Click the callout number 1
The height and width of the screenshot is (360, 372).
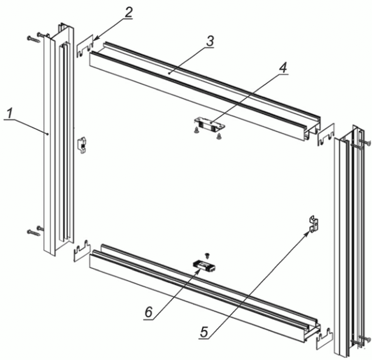pos(10,114)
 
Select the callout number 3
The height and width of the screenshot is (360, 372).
pos(210,41)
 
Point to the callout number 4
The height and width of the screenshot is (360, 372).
pos(283,68)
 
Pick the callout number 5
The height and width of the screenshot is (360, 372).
pos(204,332)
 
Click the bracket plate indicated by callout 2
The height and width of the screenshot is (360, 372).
pos(85,46)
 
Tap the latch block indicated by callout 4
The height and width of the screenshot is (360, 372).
pos(209,125)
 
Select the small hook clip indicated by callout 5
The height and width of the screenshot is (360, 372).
pos(314,224)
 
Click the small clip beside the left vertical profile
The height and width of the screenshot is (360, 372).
pos(82,145)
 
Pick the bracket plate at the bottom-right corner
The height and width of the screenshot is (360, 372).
pos(325,338)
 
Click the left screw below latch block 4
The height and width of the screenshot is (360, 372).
pos(196,130)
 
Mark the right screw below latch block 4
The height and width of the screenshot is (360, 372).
pos(218,136)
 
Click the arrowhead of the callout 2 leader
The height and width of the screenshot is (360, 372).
pos(95,39)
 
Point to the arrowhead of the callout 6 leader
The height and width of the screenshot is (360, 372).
pos(199,270)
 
